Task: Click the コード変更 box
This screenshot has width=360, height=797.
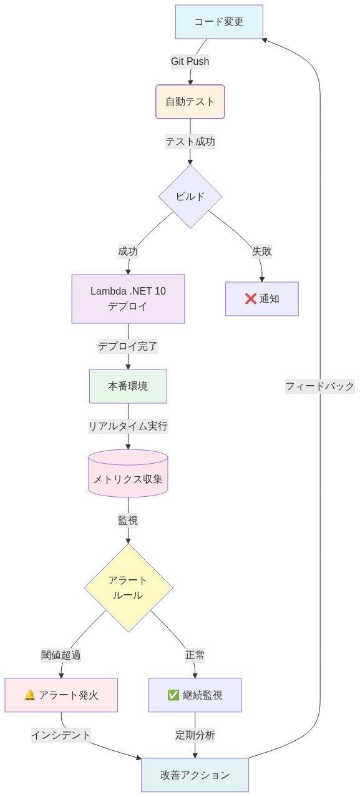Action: pos(219,22)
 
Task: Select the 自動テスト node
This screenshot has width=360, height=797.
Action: pos(190,102)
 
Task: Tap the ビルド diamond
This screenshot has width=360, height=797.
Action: pos(190,197)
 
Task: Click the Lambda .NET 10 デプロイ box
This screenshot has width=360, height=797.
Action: pos(128,298)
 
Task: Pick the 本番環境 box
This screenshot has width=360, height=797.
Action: pos(128,386)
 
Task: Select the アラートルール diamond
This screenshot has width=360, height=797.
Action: pos(128,588)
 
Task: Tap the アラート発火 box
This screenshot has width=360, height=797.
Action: pos(61,695)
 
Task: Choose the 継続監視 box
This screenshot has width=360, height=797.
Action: pos(195,695)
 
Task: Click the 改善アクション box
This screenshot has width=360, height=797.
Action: pos(195,775)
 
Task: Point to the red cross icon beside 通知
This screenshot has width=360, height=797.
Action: pos(251,299)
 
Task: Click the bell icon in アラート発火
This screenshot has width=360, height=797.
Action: pos(29,695)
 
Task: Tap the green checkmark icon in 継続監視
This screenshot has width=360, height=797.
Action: pos(173,695)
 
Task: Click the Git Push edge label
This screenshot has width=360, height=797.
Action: pos(190,61)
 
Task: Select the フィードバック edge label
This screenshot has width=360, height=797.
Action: pos(320,386)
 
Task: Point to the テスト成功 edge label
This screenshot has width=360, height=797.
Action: pos(190,142)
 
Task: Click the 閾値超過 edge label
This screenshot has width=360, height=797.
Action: pos(61,655)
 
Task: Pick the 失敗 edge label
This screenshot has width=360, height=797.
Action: pos(262,252)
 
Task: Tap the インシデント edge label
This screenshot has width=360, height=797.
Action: pos(61,735)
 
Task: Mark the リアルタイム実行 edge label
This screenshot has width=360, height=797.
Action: pos(128,426)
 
